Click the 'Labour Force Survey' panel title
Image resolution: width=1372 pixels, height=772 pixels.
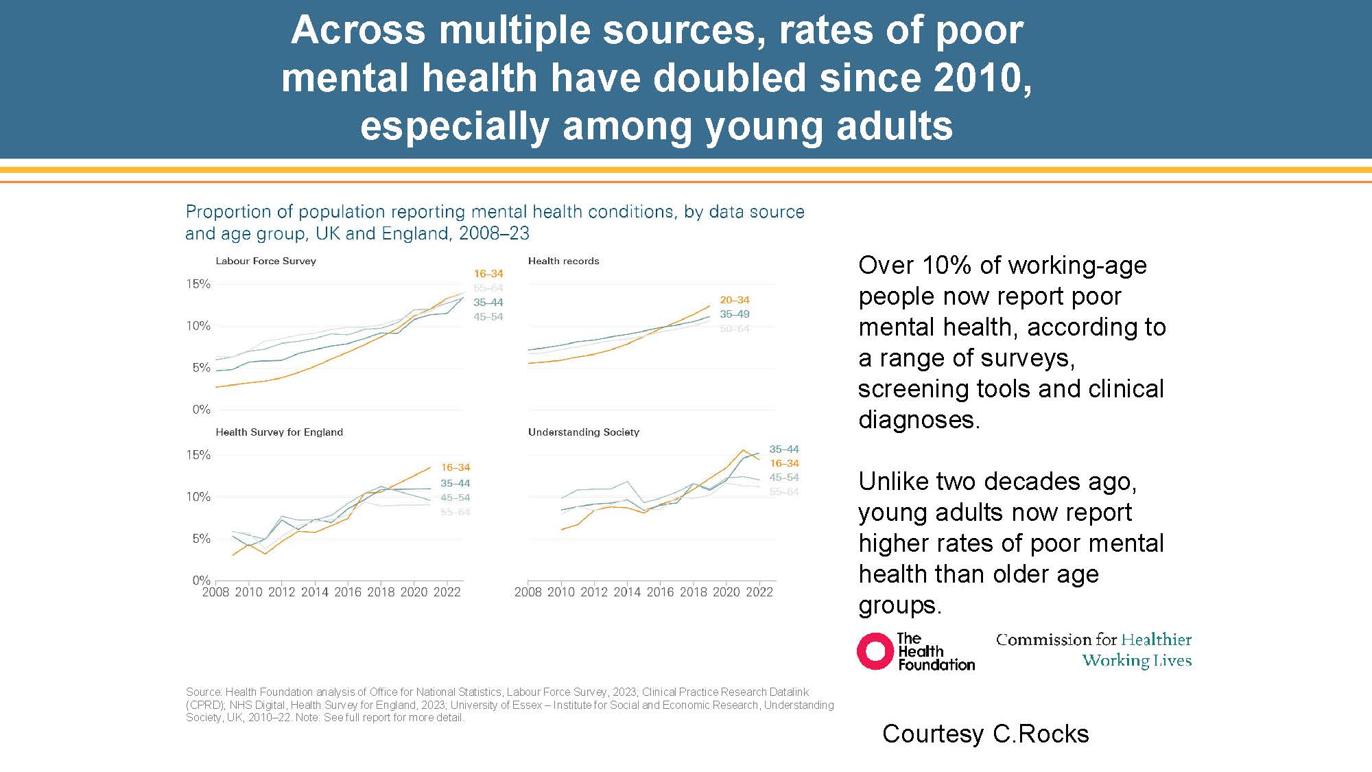click(x=265, y=261)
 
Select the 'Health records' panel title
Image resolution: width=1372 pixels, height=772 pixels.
click(x=563, y=261)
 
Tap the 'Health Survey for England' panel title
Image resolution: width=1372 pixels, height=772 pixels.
click(x=279, y=432)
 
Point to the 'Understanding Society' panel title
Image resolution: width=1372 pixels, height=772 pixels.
click(x=583, y=432)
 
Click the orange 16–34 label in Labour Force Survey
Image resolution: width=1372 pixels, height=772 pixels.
click(x=488, y=273)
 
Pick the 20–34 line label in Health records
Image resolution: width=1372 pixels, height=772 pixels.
click(x=734, y=300)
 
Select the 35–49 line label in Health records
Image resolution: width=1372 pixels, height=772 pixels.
click(x=734, y=314)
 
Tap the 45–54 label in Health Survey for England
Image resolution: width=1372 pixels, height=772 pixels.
click(x=455, y=498)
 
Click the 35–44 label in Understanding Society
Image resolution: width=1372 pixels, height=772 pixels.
click(x=783, y=449)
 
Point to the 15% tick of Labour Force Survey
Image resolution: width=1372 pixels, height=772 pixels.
click(x=198, y=284)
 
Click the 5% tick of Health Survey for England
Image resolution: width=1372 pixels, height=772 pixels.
click(x=201, y=539)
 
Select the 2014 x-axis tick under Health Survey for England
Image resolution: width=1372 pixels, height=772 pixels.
click(x=315, y=592)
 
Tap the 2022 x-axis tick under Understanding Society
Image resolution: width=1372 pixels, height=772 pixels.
click(x=759, y=592)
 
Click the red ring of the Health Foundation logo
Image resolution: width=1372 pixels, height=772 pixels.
click(x=875, y=651)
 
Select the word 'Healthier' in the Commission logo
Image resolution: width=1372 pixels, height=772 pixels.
click(x=1157, y=640)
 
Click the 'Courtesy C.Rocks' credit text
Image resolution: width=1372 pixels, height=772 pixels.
click(x=985, y=734)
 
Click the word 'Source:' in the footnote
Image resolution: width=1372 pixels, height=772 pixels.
click(x=204, y=692)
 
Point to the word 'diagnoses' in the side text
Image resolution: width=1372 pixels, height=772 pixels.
click(x=916, y=419)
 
